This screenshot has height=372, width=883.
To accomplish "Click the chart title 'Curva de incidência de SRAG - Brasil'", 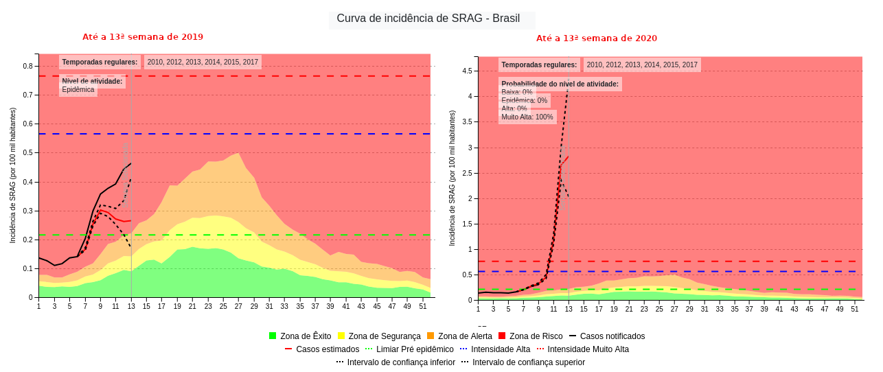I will [428, 19].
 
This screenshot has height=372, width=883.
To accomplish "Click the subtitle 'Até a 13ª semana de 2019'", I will [143, 37].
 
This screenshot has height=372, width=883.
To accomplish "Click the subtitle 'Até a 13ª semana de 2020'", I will [596, 38].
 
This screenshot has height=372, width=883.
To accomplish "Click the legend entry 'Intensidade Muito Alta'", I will [588, 349].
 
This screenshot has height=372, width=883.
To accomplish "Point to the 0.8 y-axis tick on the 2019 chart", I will [27, 67].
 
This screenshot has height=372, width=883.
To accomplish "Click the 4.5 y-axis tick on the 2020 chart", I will [467, 71].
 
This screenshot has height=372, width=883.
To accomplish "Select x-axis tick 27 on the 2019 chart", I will [238, 306].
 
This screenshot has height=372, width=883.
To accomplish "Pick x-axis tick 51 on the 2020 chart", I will [855, 309].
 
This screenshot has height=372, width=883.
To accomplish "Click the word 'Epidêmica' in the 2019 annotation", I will [78, 90].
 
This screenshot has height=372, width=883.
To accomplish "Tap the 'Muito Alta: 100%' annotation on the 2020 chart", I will [527, 117].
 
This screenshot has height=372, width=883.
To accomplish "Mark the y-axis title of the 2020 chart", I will [452, 178].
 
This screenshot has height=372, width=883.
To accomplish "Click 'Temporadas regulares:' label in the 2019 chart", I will [100, 62].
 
